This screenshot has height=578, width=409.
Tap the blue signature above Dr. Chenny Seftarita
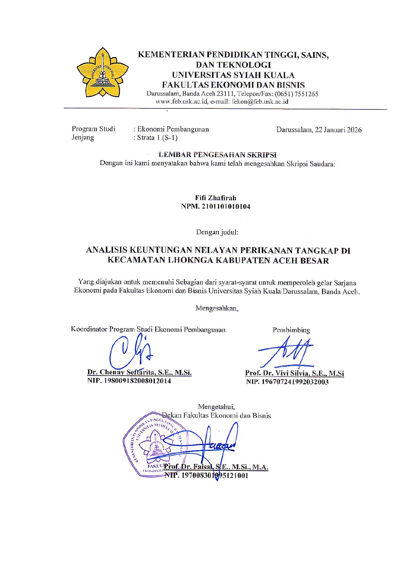pos(130,353)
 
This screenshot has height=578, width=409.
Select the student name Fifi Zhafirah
pos(216,198)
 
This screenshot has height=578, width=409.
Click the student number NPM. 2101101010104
pos(216,207)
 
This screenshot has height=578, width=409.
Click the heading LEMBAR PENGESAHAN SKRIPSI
pos(218,155)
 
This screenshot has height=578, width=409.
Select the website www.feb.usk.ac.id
pos(182,102)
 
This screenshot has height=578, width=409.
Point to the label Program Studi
pos(93,129)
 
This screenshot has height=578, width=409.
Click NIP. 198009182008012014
pos(129,381)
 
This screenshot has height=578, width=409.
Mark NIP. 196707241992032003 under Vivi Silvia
pos(287,382)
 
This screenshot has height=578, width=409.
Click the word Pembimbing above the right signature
pos(291,330)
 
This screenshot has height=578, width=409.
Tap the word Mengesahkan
pos(217,308)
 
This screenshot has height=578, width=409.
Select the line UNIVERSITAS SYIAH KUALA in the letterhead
pos(233,75)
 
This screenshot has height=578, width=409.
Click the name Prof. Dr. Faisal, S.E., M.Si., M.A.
pos(216,467)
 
